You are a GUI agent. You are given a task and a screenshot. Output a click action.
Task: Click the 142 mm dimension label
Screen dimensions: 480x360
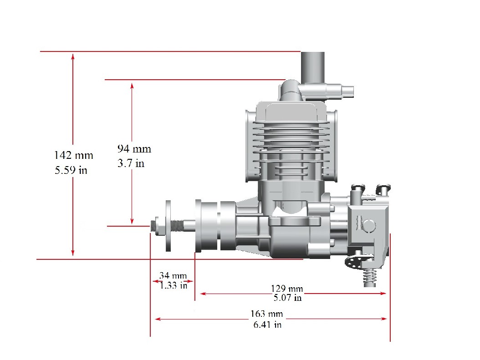click(x=73, y=155)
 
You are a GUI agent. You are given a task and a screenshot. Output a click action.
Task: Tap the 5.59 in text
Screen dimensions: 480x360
click(x=71, y=170)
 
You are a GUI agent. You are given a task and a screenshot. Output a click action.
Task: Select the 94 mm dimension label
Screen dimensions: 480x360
click(x=134, y=149)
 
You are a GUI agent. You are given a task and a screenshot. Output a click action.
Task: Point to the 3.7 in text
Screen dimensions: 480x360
click(x=131, y=163)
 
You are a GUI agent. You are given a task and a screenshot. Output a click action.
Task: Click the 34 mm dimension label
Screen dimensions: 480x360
click(x=173, y=276)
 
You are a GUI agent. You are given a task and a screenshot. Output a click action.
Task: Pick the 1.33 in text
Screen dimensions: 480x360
click(x=174, y=286)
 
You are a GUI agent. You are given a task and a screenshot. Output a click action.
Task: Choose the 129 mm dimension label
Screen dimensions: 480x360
click(x=287, y=289)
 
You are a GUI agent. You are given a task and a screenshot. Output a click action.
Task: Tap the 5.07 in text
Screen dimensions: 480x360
click(x=287, y=298)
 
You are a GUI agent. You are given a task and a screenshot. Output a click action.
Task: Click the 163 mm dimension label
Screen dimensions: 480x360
click(x=266, y=314)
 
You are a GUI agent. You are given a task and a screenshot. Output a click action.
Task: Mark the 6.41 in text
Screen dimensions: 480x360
click(x=267, y=324)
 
